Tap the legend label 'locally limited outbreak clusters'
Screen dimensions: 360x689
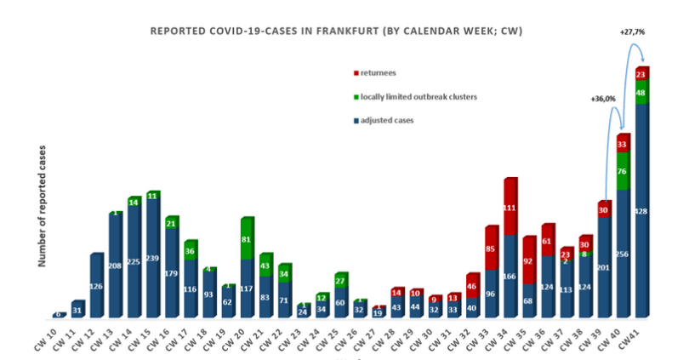coord(418,97)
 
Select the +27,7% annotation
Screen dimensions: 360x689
coord(634,31)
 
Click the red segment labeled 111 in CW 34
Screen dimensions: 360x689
coord(510,207)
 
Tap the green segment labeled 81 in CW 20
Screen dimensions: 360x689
coord(247,239)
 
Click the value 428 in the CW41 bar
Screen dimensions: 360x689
coord(641,210)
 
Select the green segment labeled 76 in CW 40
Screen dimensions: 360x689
coord(623,171)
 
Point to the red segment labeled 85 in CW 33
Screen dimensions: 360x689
coord(492,249)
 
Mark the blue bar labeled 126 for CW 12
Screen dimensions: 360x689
coord(97,286)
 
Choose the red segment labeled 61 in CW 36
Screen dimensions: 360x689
coord(547,241)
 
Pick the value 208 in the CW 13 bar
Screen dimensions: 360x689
coord(116,266)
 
